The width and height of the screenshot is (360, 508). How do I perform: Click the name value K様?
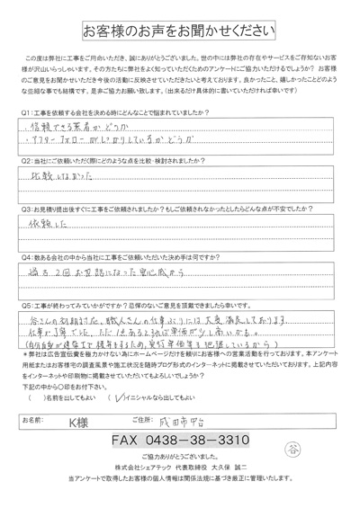pyautogui.click(x=90, y=420)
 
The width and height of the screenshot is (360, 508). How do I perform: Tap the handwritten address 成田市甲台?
pyautogui.click(x=203, y=419)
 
